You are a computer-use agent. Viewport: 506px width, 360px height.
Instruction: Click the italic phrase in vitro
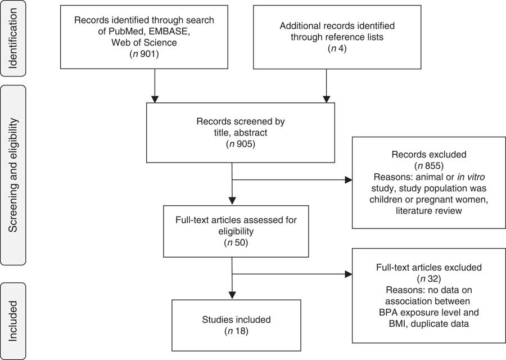[463, 178]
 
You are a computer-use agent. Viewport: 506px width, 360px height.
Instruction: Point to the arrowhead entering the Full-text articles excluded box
[349, 274]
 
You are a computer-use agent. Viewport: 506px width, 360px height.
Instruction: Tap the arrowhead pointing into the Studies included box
[232, 296]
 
